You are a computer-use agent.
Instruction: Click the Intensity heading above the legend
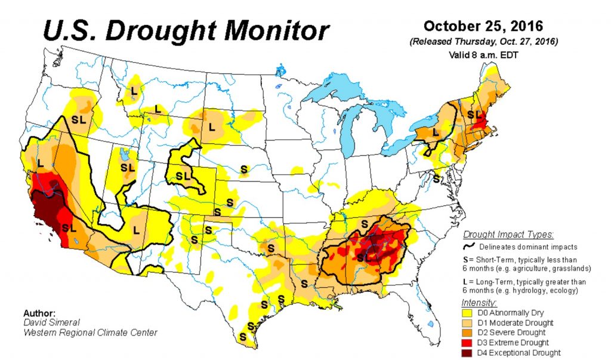(x=479, y=303)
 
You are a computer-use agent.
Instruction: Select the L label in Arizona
(x=136, y=230)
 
